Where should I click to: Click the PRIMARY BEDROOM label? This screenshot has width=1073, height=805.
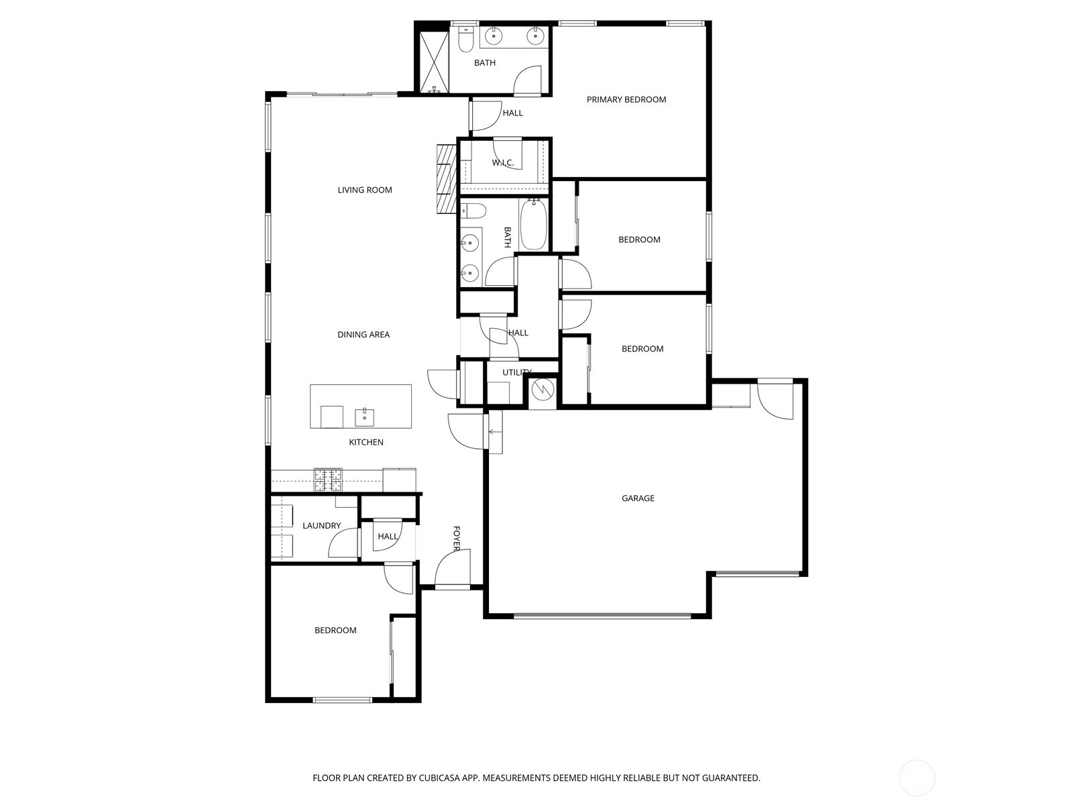click(x=626, y=100)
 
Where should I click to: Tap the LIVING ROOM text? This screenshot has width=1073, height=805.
click(x=365, y=190)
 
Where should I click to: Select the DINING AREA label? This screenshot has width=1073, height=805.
click(x=363, y=335)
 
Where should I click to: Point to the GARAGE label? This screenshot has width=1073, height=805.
click(x=638, y=498)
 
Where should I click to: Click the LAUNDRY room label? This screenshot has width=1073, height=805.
click(x=321, y=526)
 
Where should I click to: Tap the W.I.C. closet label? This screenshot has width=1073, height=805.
click(x=502, y=163)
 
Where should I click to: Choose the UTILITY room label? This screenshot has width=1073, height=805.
click(x=516, y=372)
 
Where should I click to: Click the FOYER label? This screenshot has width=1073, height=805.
click(x=457, y=539)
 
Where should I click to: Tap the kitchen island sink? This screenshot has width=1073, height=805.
click(x=365, y=417)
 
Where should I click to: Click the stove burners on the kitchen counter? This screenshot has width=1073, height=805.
click(x=328, y=480)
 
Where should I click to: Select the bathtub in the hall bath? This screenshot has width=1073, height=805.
click(x=533, y=224)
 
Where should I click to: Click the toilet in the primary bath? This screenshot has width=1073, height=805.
click(x=466, y=39)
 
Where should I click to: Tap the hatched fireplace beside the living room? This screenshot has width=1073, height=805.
click(x=446, y=178)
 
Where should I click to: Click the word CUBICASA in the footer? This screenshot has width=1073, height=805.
click(x=439, y=777)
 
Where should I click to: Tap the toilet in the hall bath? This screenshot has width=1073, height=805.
click(x=475, y=211)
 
